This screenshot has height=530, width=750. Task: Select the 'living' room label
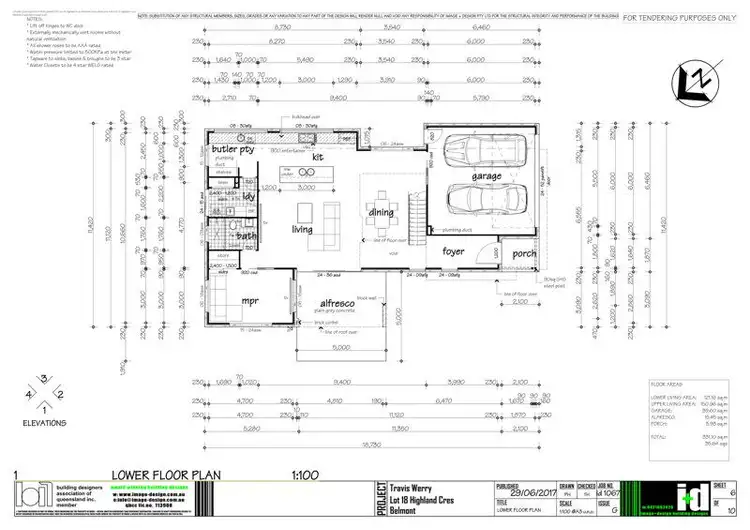pos(303,230)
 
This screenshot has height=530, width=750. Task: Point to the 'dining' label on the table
pos(382,212)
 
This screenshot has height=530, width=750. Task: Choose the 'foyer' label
pos(454,251)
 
